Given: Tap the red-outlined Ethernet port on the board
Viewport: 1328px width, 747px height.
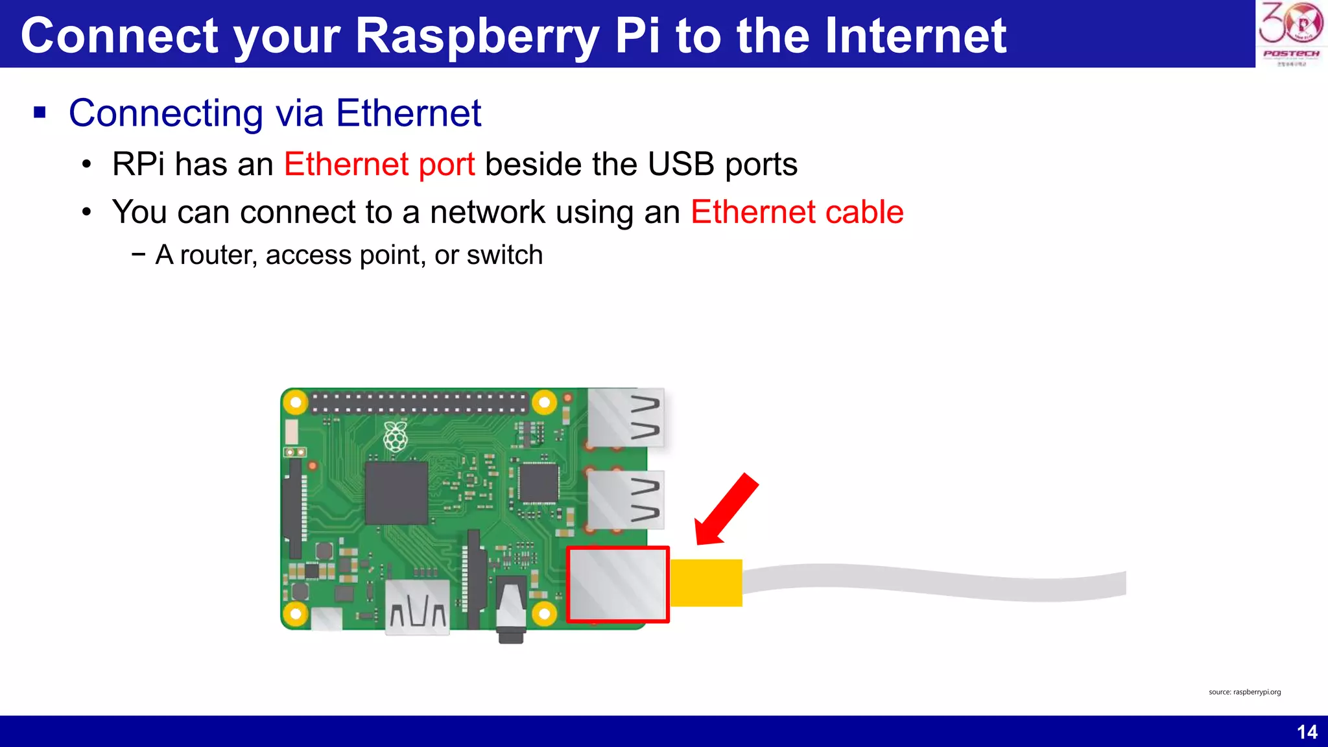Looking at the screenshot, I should (x=618, y=585).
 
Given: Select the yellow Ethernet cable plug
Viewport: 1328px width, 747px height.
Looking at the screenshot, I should (x=706, y=583).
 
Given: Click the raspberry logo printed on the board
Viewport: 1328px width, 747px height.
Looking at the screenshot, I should (x=396, y=436).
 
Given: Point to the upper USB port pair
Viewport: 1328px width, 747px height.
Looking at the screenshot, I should (x=626, y=418).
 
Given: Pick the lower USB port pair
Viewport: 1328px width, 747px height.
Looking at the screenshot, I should (x=626, y=500).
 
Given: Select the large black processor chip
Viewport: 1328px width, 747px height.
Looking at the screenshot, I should (x=396, y=493).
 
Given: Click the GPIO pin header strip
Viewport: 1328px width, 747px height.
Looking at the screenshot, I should (x=419, y=403).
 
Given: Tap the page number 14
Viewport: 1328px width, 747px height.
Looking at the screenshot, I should (x=1307, y=732).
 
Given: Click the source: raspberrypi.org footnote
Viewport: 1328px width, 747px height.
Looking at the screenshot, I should (x=1244, y=692).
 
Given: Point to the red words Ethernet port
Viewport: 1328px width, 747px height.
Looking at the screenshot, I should (x=379, y=164).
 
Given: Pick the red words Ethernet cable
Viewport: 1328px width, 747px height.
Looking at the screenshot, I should (x=797, y=212).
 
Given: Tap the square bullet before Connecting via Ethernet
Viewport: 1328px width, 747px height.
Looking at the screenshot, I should (x=40, y=113).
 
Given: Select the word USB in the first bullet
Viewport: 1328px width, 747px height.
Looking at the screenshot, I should (x=682, y=164).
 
